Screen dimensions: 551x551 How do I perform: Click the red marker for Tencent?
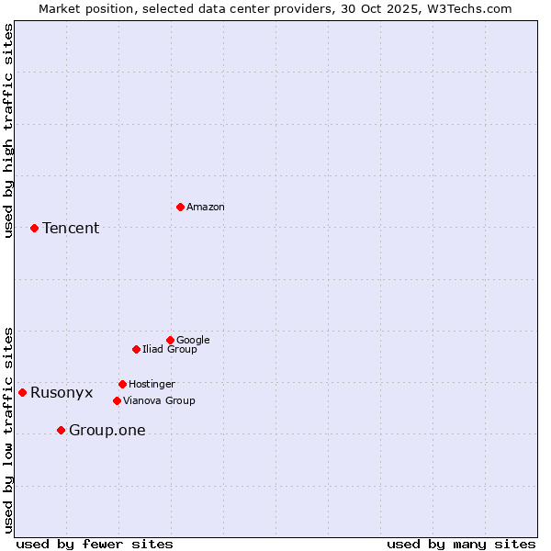pos(34,228)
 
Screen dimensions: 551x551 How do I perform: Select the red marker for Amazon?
pos(180,207)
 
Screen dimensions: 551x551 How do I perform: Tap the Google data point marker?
pos(170,340)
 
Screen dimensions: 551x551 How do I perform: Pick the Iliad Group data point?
pos(136,349)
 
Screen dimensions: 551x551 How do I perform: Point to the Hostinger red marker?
pos(122,384)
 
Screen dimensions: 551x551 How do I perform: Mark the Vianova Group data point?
pos(117,400)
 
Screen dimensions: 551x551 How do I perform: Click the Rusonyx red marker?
pos(22,392)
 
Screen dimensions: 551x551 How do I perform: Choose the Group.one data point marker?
pos(61,430)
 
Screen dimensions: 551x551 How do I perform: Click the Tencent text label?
pos(71,229)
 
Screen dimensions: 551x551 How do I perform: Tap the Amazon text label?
pos(206,208)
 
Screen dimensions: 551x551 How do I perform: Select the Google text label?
pos(193,341)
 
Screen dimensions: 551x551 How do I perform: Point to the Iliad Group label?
pos(170,350)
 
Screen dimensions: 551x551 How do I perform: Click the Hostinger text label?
pos(152,385)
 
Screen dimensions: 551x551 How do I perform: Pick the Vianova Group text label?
pos(159,401)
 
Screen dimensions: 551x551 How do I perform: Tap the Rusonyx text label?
pos(62,393)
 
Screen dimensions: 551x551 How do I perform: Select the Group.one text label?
pos(107,431)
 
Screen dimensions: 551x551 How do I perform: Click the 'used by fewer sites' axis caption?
pos(95,545)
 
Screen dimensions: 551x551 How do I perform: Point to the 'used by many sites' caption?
pos(461,545)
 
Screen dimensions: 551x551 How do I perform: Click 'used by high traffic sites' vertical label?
pos(8,130)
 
